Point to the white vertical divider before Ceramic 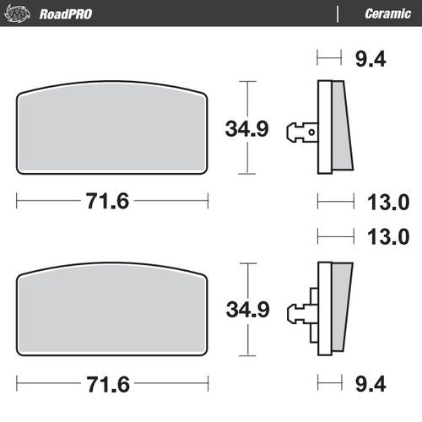tap(338, 14)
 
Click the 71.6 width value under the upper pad tap(111, 203)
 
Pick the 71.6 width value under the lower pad tap(111, 384)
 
